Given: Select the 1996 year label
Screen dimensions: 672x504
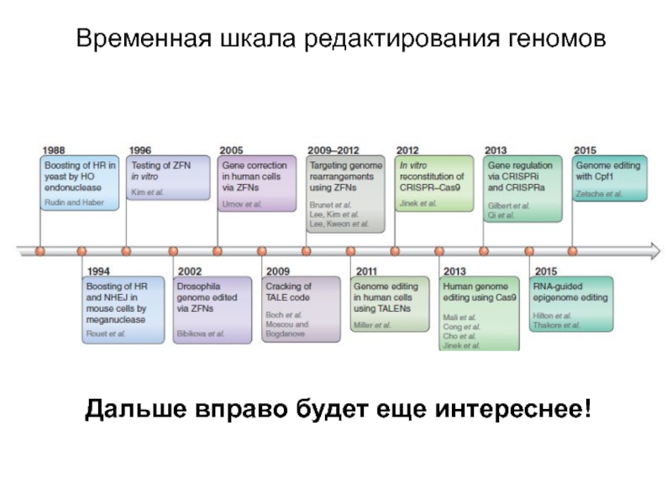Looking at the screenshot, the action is coord(140,150).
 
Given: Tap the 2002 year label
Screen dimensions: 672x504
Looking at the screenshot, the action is coord(189,271).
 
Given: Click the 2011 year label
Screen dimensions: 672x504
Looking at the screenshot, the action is coord(365,271).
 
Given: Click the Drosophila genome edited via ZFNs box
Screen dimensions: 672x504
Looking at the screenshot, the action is coord(213,309).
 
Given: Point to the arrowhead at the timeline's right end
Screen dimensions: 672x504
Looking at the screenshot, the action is coord(654,249).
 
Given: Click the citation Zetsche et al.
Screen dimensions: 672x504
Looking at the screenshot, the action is coord(599,194).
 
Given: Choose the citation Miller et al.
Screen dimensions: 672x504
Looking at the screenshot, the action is coord(372,324).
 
